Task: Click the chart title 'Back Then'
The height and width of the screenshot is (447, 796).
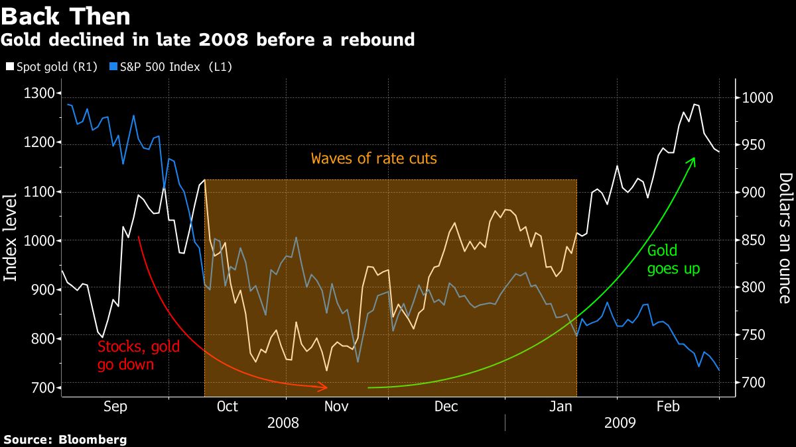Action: point(66,15)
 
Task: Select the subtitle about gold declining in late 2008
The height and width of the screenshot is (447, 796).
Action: point(208,40)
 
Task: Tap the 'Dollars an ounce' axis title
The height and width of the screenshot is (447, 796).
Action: point(785,238)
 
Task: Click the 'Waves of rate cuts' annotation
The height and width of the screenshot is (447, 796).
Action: point(374,159)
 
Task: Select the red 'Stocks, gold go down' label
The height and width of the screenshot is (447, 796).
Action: point(139,355)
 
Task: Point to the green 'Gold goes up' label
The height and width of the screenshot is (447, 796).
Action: point(673,260)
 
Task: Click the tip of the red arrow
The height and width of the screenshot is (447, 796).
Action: point(327,387)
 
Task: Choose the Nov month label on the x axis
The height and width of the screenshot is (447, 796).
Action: point(337,407)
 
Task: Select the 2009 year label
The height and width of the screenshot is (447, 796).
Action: point(620,422)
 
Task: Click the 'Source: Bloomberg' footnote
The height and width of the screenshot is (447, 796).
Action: point(65,439)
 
